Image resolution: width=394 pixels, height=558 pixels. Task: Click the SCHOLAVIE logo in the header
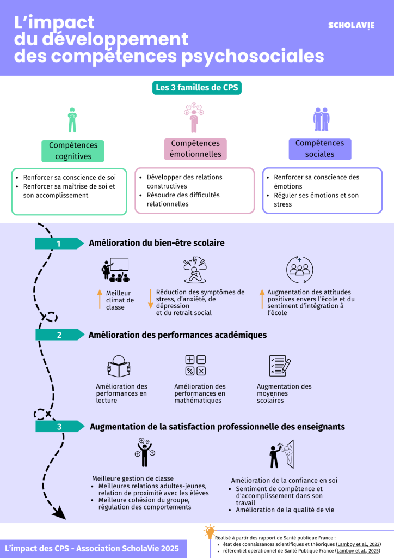coord(352,26)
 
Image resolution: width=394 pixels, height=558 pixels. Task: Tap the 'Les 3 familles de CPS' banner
coord(196,87)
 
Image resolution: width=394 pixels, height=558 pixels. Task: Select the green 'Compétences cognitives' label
coord(73,151)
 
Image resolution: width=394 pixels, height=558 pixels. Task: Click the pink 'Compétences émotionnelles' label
coord(195,149)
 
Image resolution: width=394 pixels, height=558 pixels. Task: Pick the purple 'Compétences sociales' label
coord(319,149)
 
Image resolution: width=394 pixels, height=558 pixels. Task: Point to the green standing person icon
coord(72,120)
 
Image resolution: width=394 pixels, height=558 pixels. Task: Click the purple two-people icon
coord(321,119)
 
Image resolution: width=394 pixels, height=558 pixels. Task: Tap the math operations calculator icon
coord(195,365)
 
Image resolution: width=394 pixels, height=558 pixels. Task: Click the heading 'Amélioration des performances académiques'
coord(177,335)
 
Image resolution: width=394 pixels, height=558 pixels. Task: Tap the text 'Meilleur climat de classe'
coord(120,300)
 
